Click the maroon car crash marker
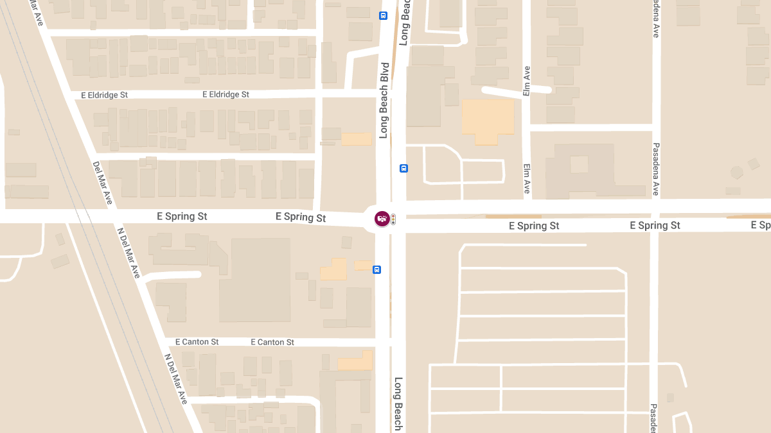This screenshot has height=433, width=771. tap(382, 219)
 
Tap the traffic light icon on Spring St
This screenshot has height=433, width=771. tap(393, 219)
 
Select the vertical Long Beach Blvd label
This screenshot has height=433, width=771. tap(384, 101)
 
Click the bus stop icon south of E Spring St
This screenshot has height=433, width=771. tap(377, 269)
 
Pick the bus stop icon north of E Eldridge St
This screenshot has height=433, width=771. tap(384, 15)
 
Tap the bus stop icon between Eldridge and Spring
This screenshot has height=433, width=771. tap(403, 168)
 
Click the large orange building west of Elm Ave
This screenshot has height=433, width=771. tap(488, 121)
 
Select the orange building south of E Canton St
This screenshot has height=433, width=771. tap(356, 361)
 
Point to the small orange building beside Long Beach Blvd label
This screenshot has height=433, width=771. tap(356, 139)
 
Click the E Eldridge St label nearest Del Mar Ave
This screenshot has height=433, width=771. tap(104, 95)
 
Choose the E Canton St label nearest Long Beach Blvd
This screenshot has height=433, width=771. tap(272, 343)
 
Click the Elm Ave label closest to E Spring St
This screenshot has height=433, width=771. tap(527, 179)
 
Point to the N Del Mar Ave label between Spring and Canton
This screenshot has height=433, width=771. tap(128, 252)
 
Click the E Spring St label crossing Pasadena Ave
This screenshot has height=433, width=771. tap(655, 226)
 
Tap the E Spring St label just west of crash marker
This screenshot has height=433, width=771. tap(300, 217)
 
